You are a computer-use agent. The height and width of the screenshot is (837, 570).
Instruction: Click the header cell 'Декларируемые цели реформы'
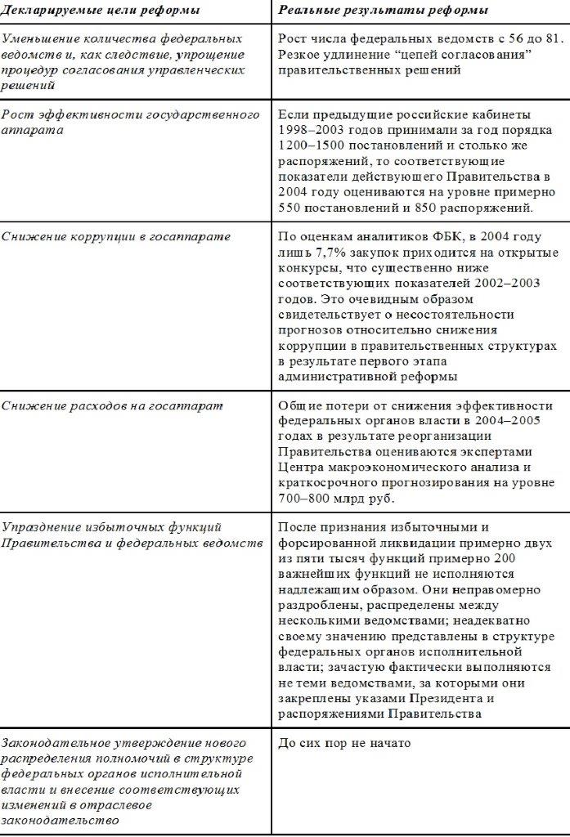pos(101,10)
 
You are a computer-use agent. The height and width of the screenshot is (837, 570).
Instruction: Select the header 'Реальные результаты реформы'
pos(384,10)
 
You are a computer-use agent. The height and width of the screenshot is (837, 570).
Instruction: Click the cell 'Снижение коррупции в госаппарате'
pos(115,237)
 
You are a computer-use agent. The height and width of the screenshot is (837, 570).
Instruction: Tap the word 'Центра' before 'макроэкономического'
pos(301,468)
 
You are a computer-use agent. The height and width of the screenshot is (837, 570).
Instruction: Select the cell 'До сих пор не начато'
pos(343,744)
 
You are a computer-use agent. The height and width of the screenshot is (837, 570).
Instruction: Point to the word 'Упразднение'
pos(42,527)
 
